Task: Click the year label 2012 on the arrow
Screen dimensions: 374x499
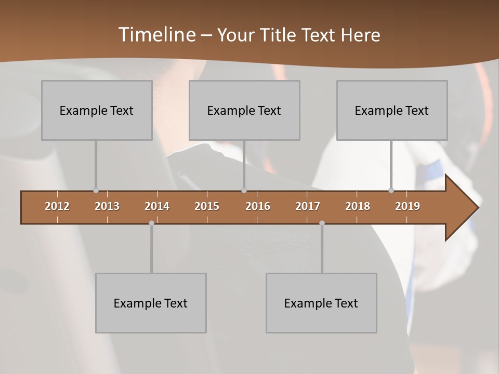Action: pyautogui.click(x=57, y=206)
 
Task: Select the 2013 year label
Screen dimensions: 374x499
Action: pyautogui.click(x=107, y=206)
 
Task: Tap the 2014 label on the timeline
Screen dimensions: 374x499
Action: pyautogui.click(x=157, y=206)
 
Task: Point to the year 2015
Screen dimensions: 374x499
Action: pyautogui.click(x=207, y=206)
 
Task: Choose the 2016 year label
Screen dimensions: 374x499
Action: pyautogui.click(x=258, y=206)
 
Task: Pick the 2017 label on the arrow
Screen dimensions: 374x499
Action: pyautogui.click(x=308, y=206)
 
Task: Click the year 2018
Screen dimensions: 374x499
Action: pyautogui.click(x=358, y=206)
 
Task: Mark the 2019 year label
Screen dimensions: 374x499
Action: pyautogui.click(x=408, y=206)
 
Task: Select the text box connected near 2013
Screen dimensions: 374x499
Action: pyautogui.click(x=97, y=110)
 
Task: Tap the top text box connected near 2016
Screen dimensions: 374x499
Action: pyautogui.click(x=244, y=110)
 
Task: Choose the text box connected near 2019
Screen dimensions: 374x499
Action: pyautogui.click(x=392, y=110)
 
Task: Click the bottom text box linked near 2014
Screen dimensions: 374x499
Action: pyautogui.click(x=151, y=303)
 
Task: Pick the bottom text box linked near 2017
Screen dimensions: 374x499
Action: pyautogui.click(x=321, y=303)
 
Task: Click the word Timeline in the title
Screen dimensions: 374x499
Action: pyautogui.click(x=156, y=35)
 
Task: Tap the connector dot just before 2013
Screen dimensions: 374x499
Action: pyautogui.click(x=96, y=191)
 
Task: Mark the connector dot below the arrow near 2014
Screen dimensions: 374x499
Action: pyautogui.click(x=151, y=223)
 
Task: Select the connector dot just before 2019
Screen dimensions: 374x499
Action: pyautogui.click(x=391, y=191)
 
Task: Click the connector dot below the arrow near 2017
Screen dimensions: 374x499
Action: pyautogui.click(x=322, y=223)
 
